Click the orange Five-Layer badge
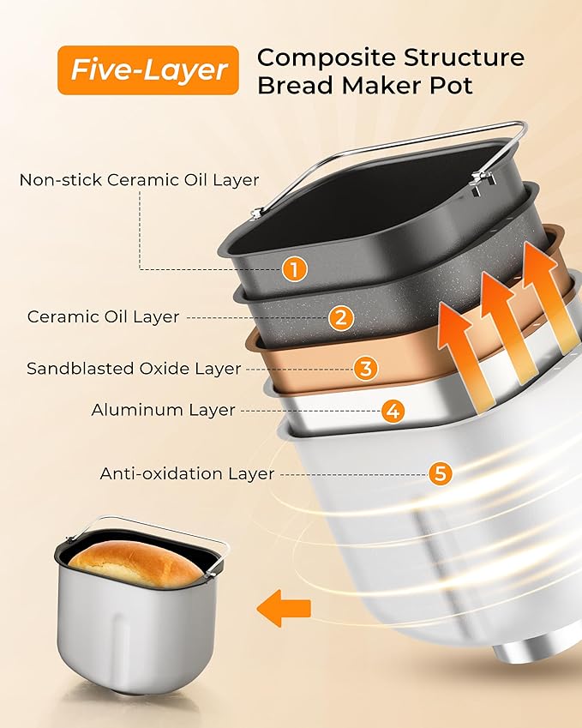tap(148, 69)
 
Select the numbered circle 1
tap(293, 269)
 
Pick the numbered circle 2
tap(340, 318)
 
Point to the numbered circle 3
tap(366, 369)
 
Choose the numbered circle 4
tap(393, 411)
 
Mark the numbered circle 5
tap(441, 473)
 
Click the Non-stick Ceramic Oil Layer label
tap(139, 180)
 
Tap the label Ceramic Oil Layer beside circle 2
tap(103, 316)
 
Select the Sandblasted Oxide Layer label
tap(134, 369)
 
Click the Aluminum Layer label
tap(163, 410)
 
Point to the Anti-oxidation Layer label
tap(187, 473)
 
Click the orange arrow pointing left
tap(285, 607)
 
